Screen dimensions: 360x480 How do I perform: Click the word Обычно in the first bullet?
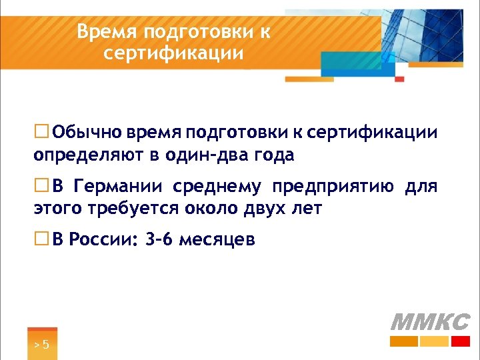pyautogui.click(x=83, y=132)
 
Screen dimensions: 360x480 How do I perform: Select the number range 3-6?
pyautogui.click(x=159, y=239)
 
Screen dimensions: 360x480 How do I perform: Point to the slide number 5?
pyautogui.click(x=45, y=344)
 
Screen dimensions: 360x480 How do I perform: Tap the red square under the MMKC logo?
pyautogui.click(x=460, y=341)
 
